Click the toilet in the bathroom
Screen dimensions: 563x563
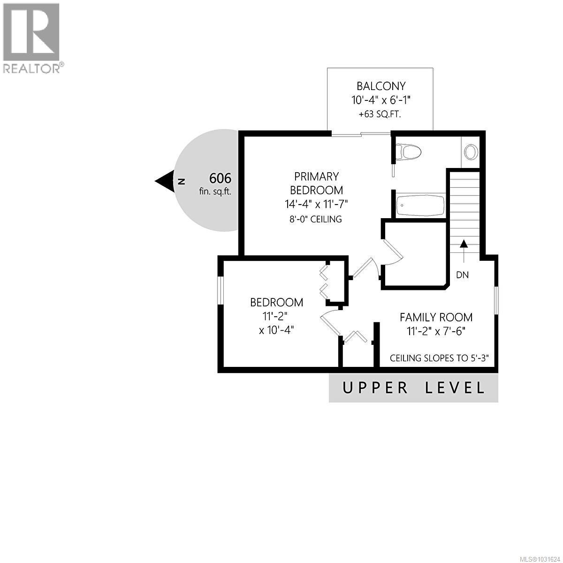pos(408,152)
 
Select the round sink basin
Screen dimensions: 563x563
pos(471,152)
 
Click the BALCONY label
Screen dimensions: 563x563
pos(381,86)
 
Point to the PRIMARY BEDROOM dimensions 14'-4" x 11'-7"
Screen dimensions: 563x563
pos(316,204)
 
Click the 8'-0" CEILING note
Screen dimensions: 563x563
pos(316,219)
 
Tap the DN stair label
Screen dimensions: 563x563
pos(462,275)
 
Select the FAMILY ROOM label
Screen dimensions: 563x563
pos(436,318)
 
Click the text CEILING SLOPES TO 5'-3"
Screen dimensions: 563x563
pos(440,358)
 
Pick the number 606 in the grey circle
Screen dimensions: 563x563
pos(220,178)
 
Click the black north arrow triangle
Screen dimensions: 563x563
pos(165,181)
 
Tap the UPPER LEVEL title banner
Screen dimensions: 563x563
pos(413,388)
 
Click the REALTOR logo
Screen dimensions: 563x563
pos(32,38)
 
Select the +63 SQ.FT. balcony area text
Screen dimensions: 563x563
pos(380,114)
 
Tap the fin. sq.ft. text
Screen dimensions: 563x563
pos(215,191)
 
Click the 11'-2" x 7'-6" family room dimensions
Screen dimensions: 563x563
pos(436,332)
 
